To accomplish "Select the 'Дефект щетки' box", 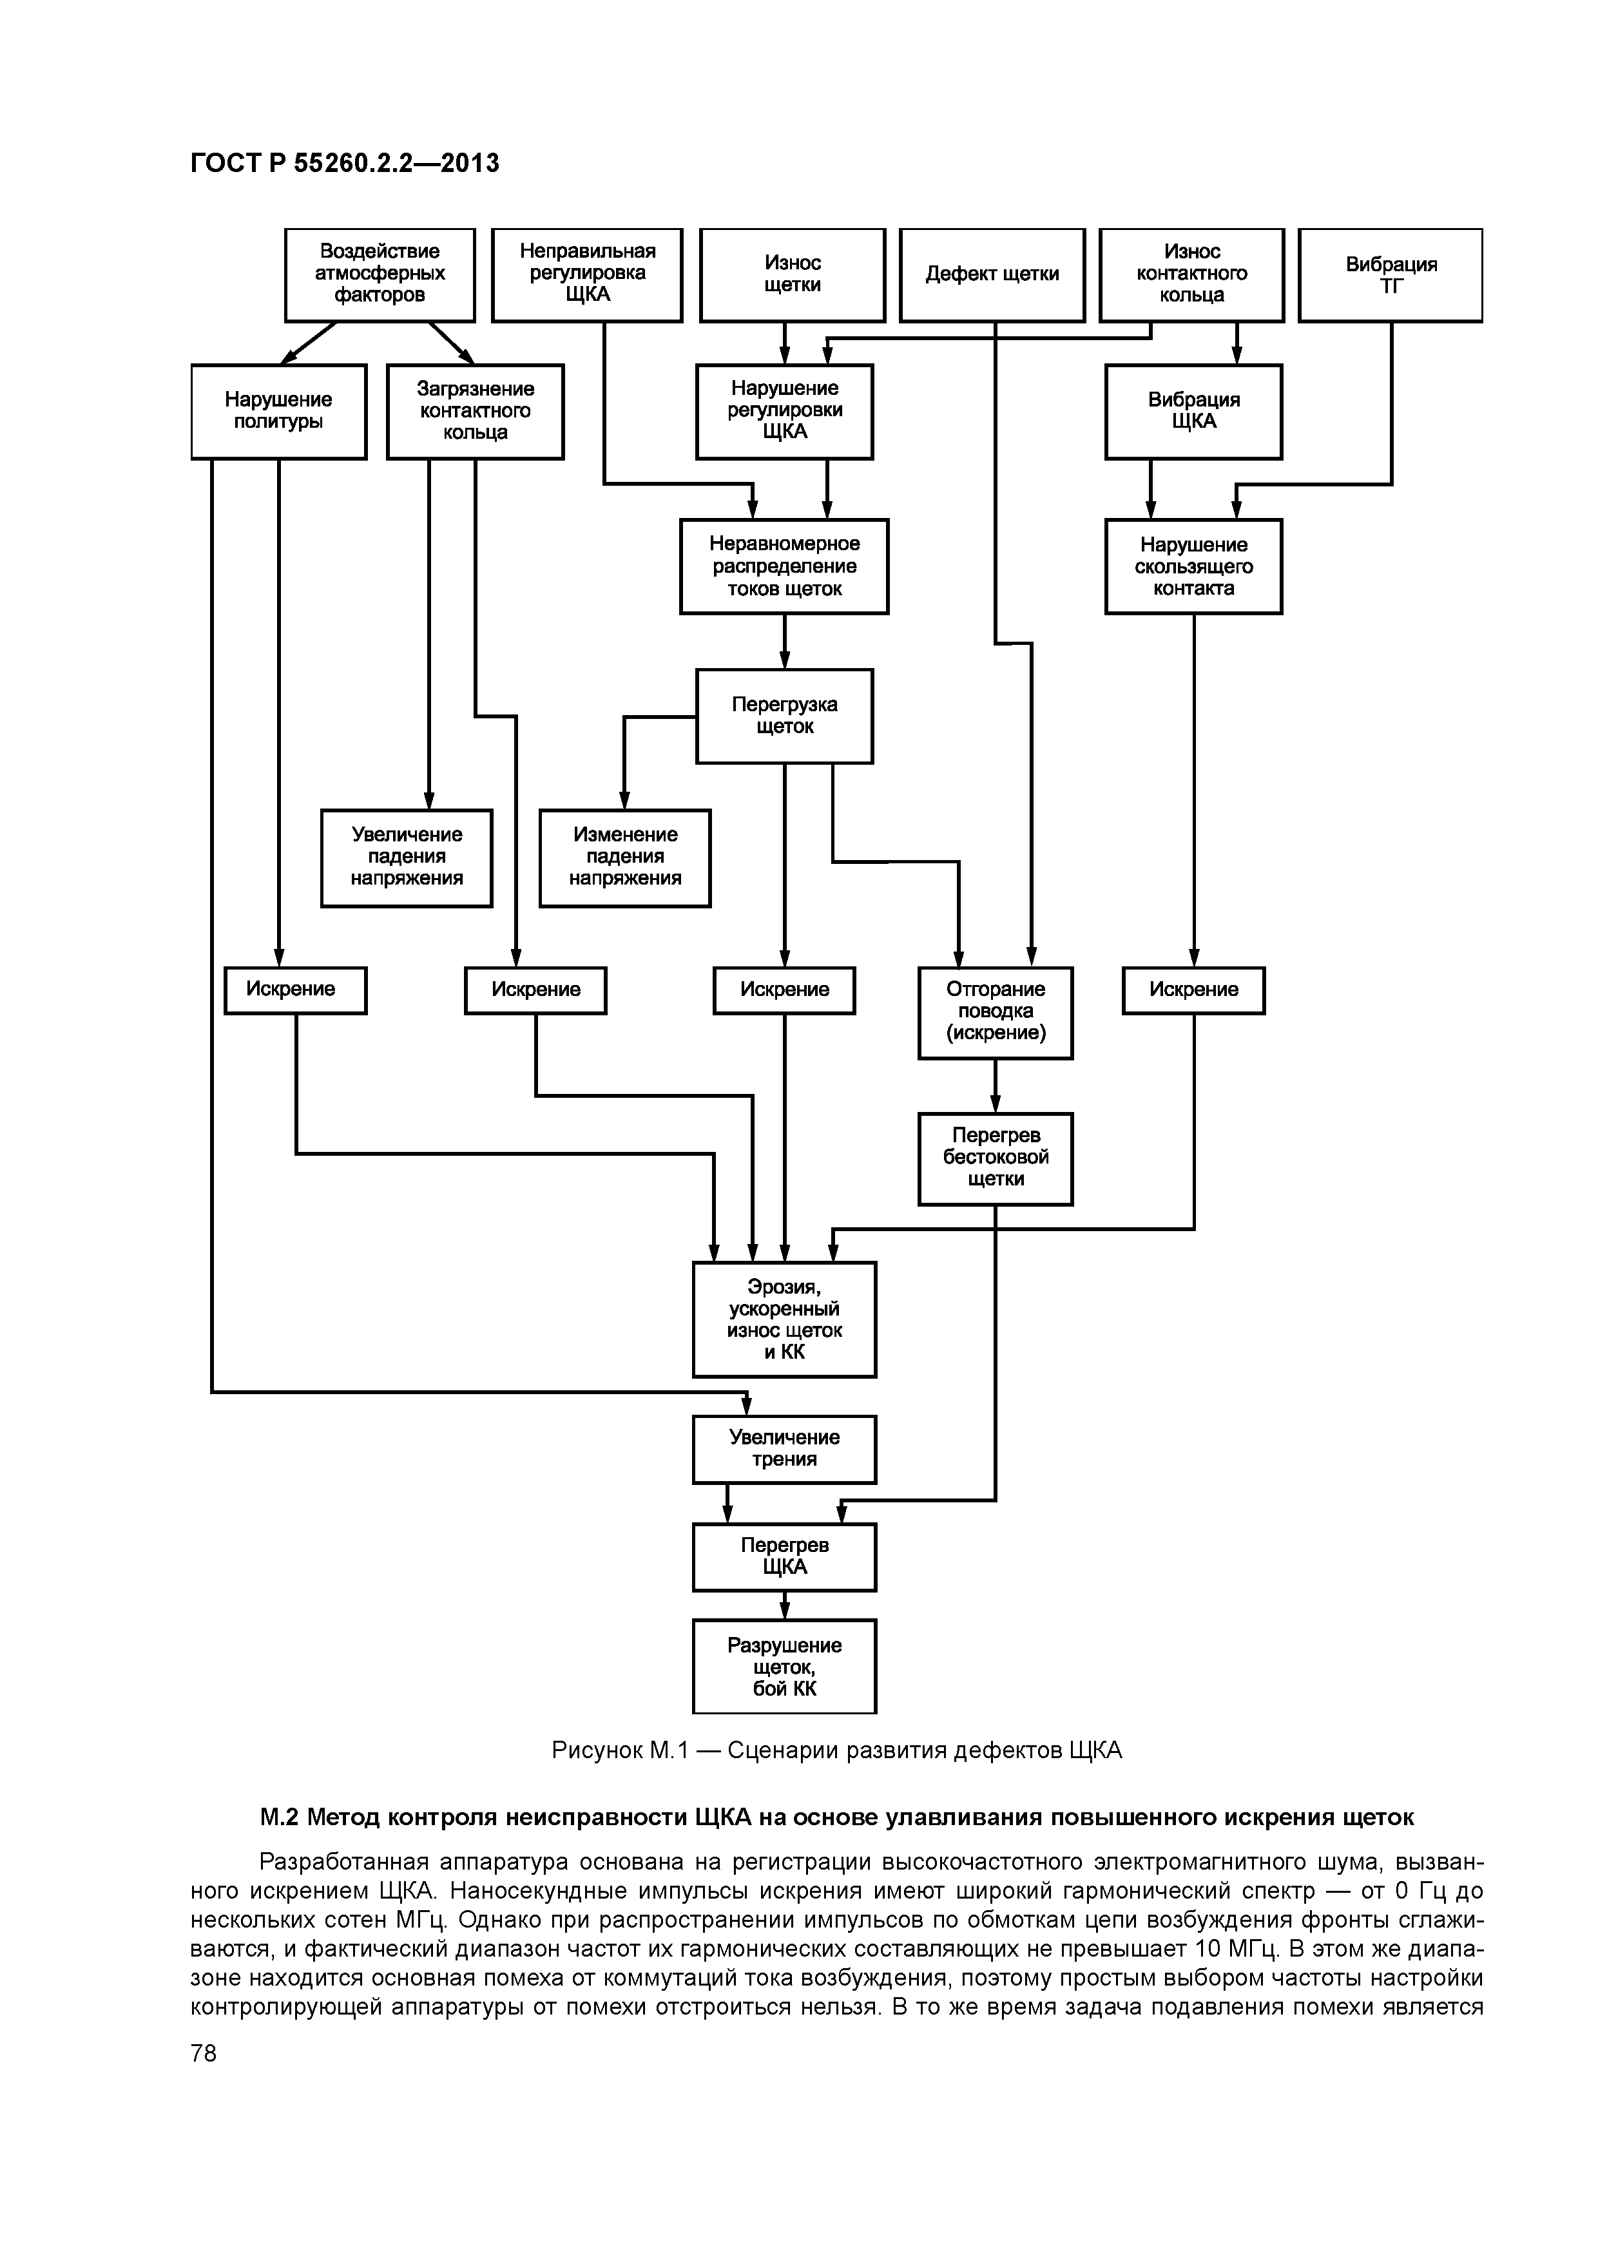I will click(x=992, y=274).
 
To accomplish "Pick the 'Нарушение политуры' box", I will click(x=278, y=412).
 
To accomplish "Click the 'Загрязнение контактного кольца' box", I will click(x=475, y=412).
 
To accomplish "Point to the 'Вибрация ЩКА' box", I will click(x=1193, y=412).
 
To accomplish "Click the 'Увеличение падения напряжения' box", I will click(x=406, y=857).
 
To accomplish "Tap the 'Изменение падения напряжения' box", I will click(x=624, y=857).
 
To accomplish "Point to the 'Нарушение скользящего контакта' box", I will click(x=1193, y=566).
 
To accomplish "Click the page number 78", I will click(x=204, y=2053).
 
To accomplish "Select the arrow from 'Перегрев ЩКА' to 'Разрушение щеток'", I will click(x=785, y=1605).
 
